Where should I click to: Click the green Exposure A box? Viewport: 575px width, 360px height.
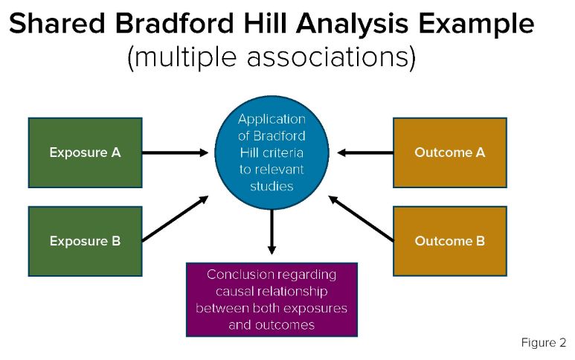[x=85, y=152]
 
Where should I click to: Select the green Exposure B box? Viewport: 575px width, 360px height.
[x=85, y=241]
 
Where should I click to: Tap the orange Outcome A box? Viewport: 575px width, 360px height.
[x=449, y=152]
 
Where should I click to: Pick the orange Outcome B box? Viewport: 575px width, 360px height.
[x=449, y=241]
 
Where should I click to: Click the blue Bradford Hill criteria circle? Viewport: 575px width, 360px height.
[x=271, y=152]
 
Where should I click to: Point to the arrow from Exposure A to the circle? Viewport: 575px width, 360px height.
[x=176, y=152]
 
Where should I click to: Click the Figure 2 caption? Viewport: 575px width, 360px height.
[x=543, y=343]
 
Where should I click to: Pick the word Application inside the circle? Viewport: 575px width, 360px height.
[x=272, y=119]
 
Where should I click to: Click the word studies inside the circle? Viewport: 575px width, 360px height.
[x=272, y=186]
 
